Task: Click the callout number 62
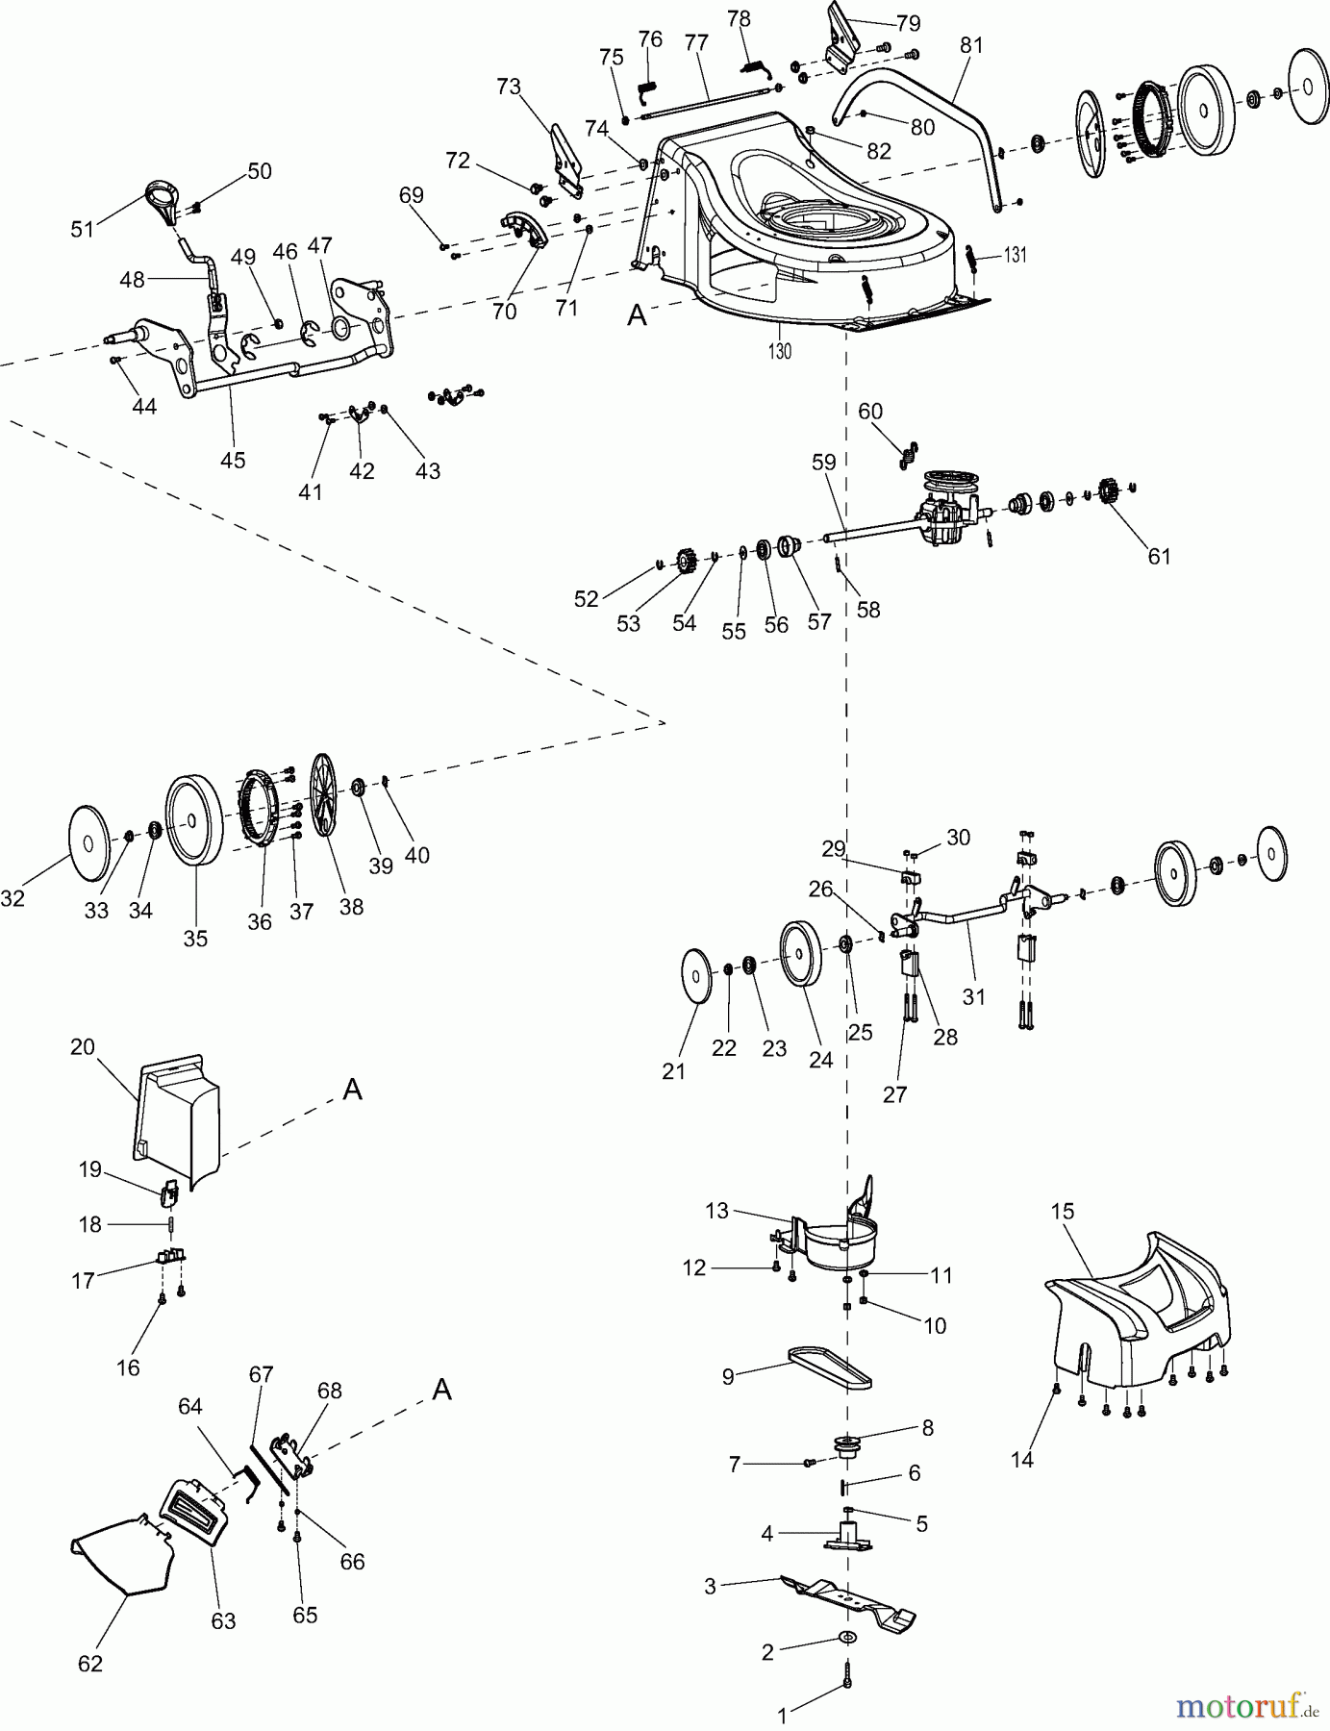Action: click(89, 1663)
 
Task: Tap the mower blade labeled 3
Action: click(846, 1600)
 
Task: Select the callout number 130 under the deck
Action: click(780, 351)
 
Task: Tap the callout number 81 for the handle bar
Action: click(970, 44)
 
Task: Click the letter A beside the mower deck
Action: click(636, 314)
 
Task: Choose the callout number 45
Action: click(233, 460)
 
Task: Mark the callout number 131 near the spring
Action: click(1016, 256)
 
